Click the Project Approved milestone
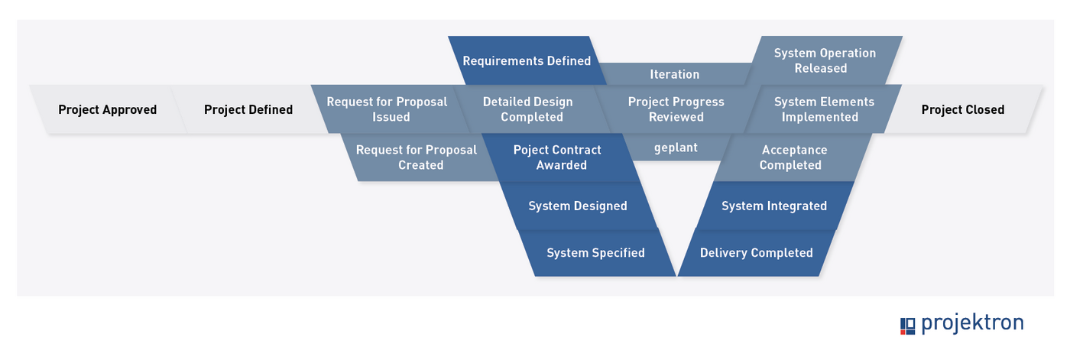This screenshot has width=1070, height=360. pos(108,109)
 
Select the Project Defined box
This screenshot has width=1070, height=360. pos(248,109)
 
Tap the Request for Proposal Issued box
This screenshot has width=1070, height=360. pos(387,109)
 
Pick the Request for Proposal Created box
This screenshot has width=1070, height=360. pos(417,157)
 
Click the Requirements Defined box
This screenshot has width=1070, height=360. pos(527,60)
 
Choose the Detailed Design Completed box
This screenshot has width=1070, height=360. pos(528,109)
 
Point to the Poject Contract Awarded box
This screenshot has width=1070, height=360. pos(558,157)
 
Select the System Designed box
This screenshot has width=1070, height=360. pos(578,206)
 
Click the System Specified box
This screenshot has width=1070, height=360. pos(595,252)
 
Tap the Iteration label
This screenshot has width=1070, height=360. pos(675,74)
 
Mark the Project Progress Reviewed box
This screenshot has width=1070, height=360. pos(676,109)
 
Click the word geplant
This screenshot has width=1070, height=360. pos(676,148)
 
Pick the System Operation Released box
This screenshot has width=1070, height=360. pos(825,60)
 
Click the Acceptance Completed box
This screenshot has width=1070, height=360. pos(793,157)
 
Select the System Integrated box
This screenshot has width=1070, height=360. pos(774,206)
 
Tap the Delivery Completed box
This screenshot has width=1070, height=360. pos(756,252)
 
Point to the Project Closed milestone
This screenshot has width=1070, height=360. pos(963,109)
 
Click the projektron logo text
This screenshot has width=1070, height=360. pos(972,323)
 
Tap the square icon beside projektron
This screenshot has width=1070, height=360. pos(907,326)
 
